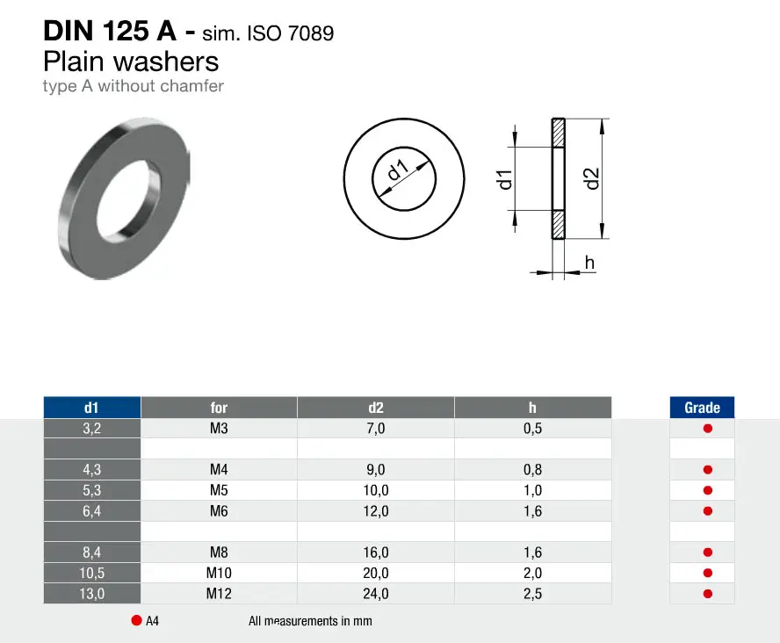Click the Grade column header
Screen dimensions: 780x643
click(702, 408)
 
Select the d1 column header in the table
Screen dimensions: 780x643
click(91, 408)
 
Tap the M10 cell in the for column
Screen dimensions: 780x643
click(219, 573)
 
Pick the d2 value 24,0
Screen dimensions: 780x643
click(376, 594)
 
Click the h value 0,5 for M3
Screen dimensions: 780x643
click(532, 429)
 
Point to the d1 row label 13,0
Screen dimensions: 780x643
click(92, 594)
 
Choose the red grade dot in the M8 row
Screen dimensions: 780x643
click(708, 552)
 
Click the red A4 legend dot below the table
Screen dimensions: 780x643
click(136, 620)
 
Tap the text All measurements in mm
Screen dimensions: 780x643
click(310, 621)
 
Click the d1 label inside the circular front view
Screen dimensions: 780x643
click(398, 170)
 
